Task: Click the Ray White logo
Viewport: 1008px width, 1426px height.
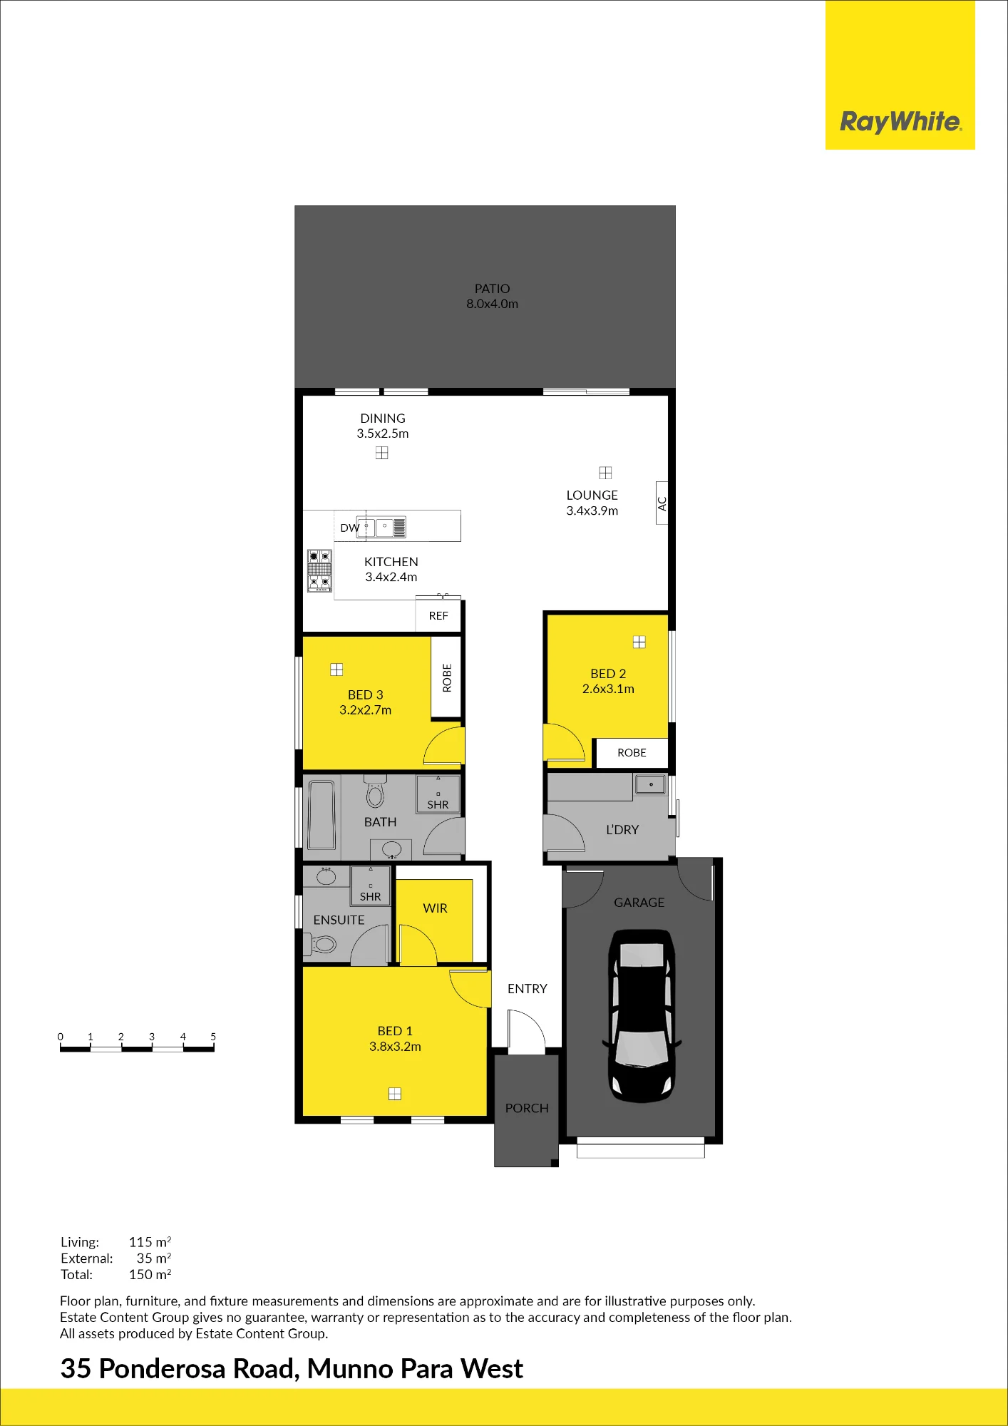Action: click(x=900, y=121)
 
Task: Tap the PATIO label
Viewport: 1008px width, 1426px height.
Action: click(x=493, y=289)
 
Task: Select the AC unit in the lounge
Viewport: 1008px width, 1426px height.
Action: click(x=662, y=503)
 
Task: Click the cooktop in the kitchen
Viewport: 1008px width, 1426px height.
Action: click(x=319, y=570)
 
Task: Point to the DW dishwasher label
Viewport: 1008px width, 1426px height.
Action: click(x=349, y=528)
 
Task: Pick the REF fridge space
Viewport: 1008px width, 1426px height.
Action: click(x=438, y=615)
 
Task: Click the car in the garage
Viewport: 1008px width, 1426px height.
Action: click(x=642, y=1016)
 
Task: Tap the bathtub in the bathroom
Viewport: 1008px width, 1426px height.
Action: click(x=322, y=815)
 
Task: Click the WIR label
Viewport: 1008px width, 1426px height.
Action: click(x=435, y=908)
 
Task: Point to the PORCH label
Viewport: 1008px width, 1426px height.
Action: click(x=527, y=1108)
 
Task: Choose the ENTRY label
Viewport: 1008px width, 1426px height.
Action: click(x=528, y=989)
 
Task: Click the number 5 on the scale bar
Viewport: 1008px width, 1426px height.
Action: click(x=213, y=1037)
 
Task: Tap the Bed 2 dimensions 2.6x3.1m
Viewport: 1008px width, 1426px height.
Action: click(x=608, y=689)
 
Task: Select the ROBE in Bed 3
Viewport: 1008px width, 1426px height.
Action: click(x=447, y=677)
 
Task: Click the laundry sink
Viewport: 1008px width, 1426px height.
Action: click(x=651, y=785)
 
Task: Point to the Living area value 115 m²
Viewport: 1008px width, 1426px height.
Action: click(x=150, y=1242)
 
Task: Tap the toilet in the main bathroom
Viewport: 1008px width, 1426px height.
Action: click(x=375, y=791)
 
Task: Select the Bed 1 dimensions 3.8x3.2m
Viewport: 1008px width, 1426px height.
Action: click(x=395, y=1047)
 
